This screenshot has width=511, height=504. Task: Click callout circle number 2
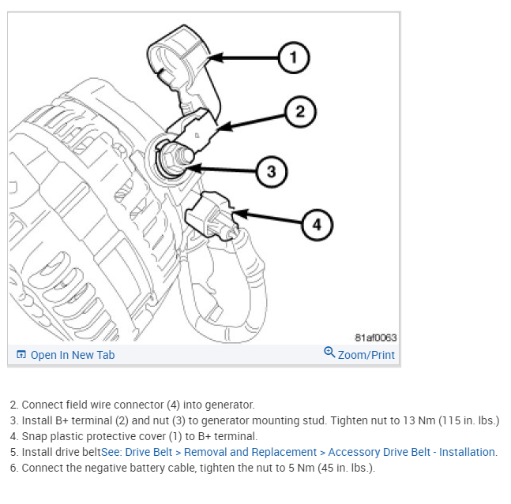(x=299, y=111)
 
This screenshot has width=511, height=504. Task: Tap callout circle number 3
(x=271, y=171)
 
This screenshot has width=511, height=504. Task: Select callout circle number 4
(x=317, y=225)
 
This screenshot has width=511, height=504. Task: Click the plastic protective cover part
(x=181, y=59)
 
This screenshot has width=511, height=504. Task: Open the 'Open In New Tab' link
(x=72, y=355)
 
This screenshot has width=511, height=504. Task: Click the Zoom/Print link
(x=366, y=355)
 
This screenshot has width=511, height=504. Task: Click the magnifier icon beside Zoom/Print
(x=329, y=353)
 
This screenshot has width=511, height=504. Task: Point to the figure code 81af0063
(x=376, y=338)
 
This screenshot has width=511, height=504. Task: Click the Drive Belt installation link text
(x=310, y=452)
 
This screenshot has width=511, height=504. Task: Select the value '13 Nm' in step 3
(x=364, y=420)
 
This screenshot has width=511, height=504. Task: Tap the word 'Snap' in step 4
(x=34, y=436)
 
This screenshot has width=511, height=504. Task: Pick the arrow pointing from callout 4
(x=269, y=218)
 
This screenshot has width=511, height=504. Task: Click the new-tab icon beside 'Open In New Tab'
(x=21, y=355)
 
